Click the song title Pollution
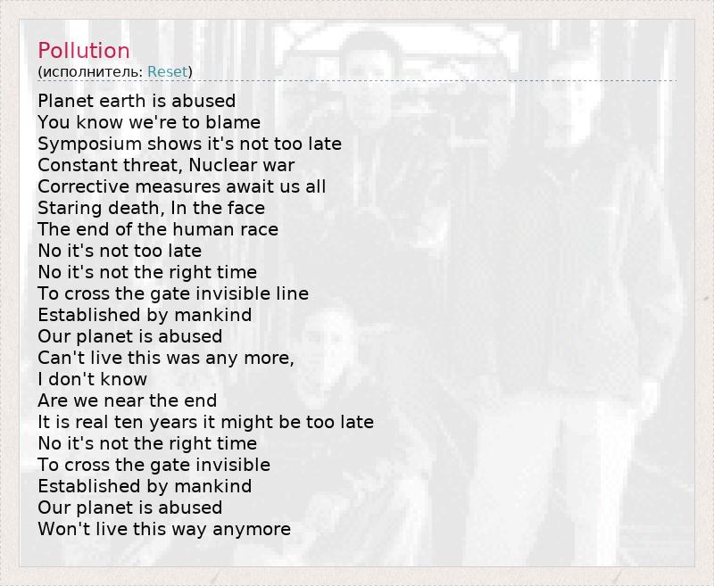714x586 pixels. (x=84, y=51)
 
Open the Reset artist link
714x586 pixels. (x=168, y=71)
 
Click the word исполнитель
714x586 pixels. (x=91, y=72)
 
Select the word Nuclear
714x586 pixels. (x=219, y=165)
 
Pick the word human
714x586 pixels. (x=202, y=229)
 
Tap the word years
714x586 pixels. (x=174, y=423)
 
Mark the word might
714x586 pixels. (x=247, y=423)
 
